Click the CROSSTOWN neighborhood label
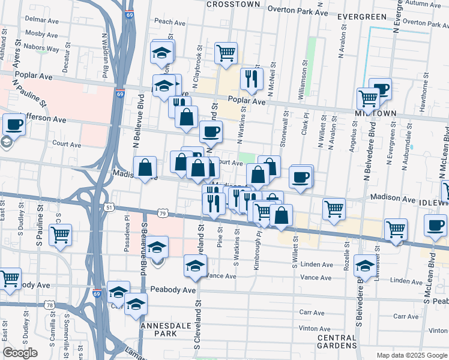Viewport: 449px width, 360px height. pyautogui.click(x=234, y=4)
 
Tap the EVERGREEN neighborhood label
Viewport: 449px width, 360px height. pyautogui.click(x=360, y=16)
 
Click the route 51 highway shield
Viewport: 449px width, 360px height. pyautogui.click(x=109, y=207)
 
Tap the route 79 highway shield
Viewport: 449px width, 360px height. pyautogui.click(x=163, y=212)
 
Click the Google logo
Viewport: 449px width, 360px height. pyautogui.click(x=20, y=353)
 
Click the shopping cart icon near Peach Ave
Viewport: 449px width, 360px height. pyautogui.click(x=226, y=52)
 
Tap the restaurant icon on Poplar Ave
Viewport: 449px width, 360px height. pyautogui.click(x=252, y=78)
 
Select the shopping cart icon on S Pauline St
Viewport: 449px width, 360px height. pyautogui.click(x=60, y=235)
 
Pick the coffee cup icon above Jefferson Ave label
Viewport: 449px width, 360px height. pyautogui.click(x=14, y=125)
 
